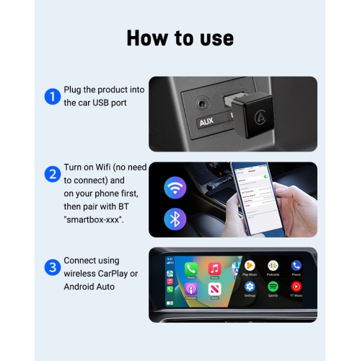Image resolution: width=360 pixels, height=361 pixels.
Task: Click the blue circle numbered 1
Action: (x=52, y=96)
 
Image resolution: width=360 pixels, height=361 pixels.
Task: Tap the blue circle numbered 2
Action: (x=52, y=174)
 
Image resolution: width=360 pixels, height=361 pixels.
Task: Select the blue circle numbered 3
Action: (x=52, y=267)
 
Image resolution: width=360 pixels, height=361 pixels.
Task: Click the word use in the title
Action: (x=214, y=38)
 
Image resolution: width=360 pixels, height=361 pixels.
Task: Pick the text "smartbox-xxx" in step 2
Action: (x=95, y=218)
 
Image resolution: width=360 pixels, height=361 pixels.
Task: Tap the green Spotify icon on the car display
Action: (x=273, y=287)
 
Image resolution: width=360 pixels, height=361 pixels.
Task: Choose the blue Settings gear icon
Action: (x=250, y=287)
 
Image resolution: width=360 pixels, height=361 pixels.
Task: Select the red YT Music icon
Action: (x=296, y=287)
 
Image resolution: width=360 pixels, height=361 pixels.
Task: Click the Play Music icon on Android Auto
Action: (x=250, y=266)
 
